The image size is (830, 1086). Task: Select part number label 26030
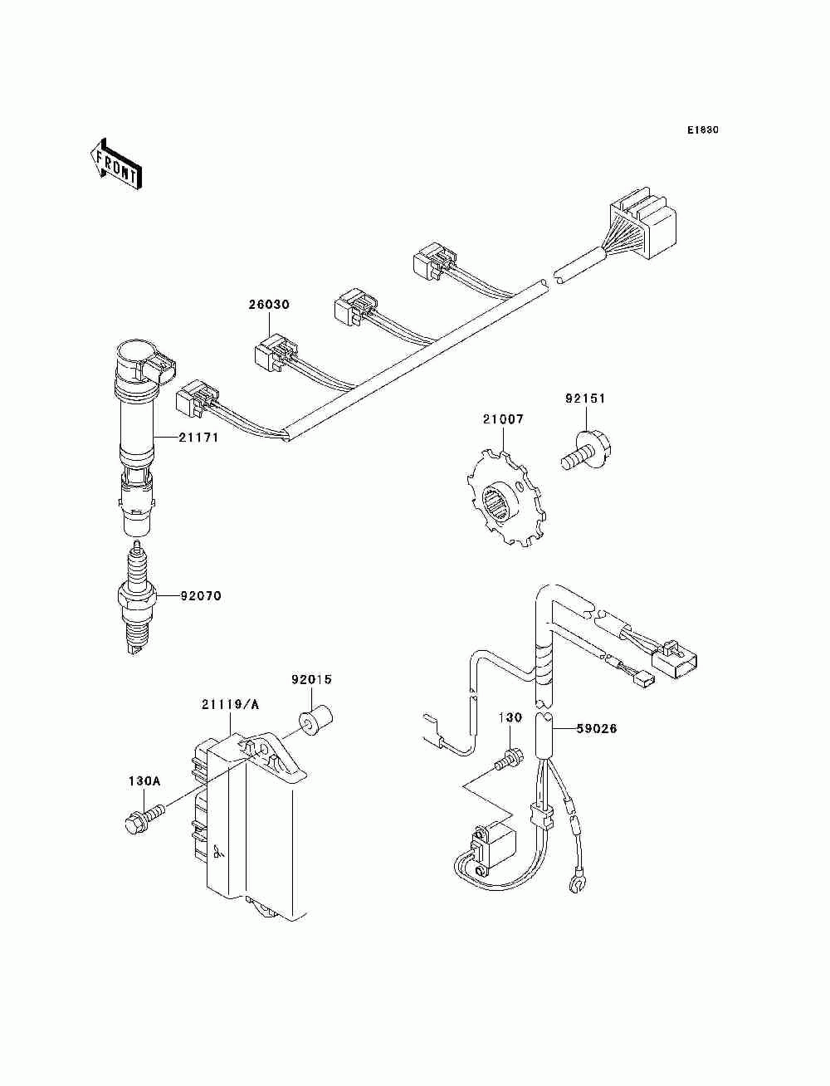coord(269,305)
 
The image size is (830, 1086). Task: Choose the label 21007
coord(503,419)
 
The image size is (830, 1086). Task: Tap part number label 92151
coord(586,399)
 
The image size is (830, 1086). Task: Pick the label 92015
coord(311,679)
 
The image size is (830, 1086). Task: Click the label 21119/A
coord(230,705)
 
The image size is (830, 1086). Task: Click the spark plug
coord(136,598)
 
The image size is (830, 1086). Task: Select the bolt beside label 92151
coord(585,448)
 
